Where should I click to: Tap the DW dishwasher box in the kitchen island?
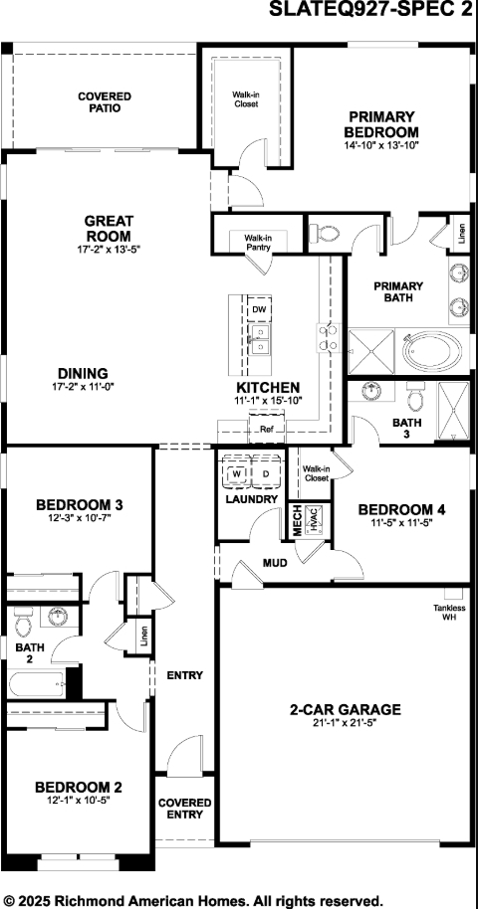tap(259, 310)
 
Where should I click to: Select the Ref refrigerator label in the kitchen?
tap(266, 430)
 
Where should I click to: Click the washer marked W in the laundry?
tap(236, 473)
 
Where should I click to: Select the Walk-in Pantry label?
tap(258, 243)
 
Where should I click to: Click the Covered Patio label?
tap(105, 101)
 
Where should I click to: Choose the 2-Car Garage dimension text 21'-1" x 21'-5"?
tap(345, 723)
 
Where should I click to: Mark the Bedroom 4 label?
tap(401, 509)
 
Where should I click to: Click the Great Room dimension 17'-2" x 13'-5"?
tap(109, 249)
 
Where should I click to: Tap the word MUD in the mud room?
tap(275, 563)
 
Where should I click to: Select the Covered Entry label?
tap(184, 808)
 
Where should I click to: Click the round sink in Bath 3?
tap(374, 394)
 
